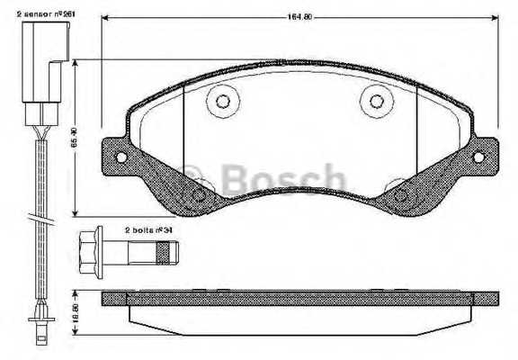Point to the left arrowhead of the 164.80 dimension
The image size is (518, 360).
tap(103, 20)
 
